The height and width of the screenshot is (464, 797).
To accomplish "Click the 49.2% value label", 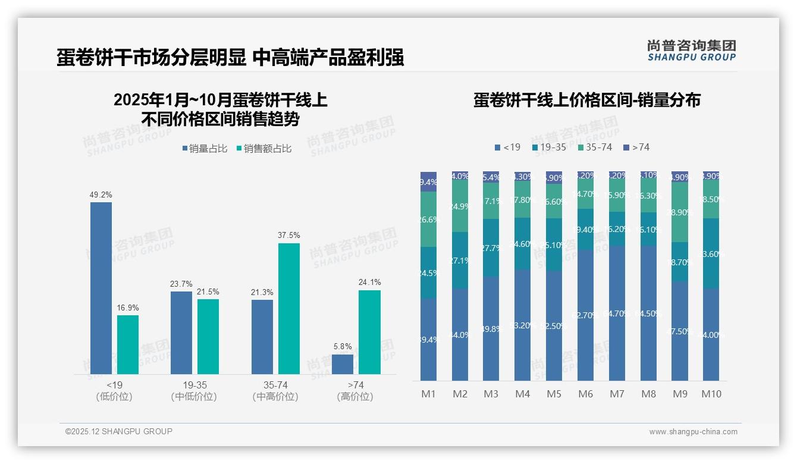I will tap(101, 195).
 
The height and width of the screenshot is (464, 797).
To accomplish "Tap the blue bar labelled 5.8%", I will tap(343, 364).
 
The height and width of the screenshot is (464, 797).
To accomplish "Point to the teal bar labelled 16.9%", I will tap(128, 344).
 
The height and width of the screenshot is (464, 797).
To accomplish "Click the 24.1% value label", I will tap(369, 282).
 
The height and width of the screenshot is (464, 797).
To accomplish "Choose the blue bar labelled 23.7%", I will tap(181, 333).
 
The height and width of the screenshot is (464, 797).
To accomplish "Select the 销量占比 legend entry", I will tap(205, 149).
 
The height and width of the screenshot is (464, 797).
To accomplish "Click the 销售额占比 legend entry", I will tap(264, 149).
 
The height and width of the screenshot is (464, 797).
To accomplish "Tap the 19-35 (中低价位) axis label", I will tap(194, 391).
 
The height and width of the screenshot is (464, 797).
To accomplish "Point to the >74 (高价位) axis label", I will tap(355, 391).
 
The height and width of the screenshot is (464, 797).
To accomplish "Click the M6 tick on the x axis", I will tap(586, 394).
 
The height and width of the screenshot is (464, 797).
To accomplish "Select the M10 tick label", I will tap(711, 394).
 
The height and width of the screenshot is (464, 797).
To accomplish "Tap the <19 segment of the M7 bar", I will tap(617, 313).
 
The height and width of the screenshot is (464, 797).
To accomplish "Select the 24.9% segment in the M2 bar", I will tap(460, 206).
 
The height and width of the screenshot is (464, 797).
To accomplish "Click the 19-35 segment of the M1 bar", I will tap(428, 272).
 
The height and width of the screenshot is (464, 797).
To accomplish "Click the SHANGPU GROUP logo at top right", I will tap(691, 50).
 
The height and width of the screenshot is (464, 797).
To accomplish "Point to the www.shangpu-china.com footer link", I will tap(693, 432).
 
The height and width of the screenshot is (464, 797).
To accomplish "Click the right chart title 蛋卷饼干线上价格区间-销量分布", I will tap(586, 100).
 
